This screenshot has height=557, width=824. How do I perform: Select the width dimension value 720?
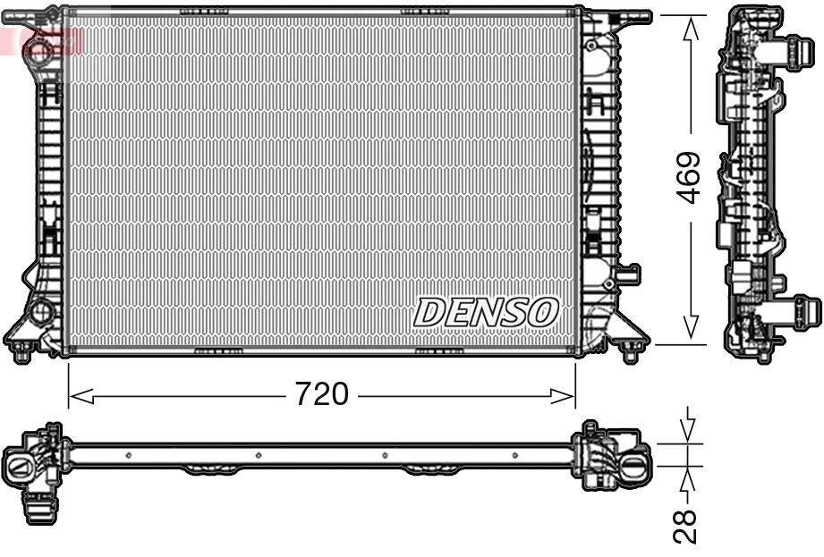click(321, 394)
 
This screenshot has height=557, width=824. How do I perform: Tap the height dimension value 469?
click(687, 178)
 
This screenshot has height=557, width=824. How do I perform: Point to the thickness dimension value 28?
click(686, 527)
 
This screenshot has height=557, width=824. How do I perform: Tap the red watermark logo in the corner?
click(40, 39)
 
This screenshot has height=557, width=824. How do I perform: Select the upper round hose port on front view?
click(39, 47)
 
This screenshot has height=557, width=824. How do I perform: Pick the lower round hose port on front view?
click(40, 312)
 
